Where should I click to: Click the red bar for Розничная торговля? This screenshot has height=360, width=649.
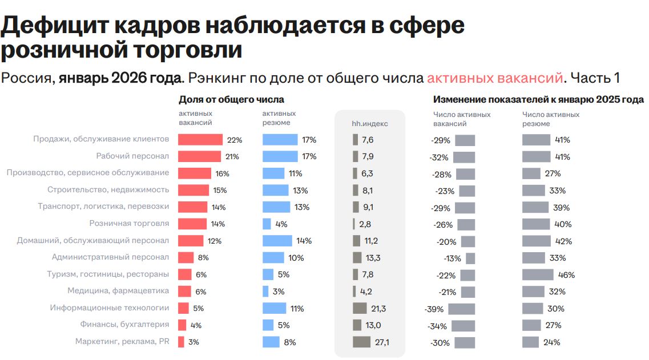[x=192, y=224]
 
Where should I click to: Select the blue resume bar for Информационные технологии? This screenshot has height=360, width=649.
[x=275, y=309]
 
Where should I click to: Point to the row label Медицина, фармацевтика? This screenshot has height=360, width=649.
[x=118, y=291]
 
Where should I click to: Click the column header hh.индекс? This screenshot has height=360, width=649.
[x=369, y=123]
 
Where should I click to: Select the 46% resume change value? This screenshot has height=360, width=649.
[x=566, y=275]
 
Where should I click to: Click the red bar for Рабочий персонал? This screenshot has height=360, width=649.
[x=199, y=157]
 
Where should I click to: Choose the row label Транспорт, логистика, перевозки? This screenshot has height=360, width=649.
[x=103, y=207]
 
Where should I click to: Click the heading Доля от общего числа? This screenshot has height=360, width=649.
[x=232, y=99]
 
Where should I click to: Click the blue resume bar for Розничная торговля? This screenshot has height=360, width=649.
[x=267, y=224]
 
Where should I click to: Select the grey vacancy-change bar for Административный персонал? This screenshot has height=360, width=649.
[x=470, y=258]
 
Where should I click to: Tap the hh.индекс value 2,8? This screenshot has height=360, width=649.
[x=365, y=224]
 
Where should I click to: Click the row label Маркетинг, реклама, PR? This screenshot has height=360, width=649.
[x=122, y=342]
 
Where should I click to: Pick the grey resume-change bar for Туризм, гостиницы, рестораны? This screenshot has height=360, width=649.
[x=538, y=275]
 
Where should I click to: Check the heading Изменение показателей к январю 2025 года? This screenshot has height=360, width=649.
[x=538, y=99]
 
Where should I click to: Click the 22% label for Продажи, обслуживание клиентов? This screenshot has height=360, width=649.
[x=235, y=140]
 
